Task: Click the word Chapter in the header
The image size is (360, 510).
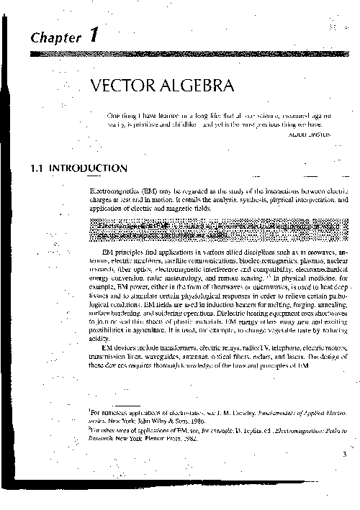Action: [55, 37]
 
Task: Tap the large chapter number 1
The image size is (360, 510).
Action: [94, 35]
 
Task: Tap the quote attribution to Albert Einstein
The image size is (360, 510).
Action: [312, 134]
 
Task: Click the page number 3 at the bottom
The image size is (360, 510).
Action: [345, 453]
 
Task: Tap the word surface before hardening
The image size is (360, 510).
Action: [94, 314]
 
